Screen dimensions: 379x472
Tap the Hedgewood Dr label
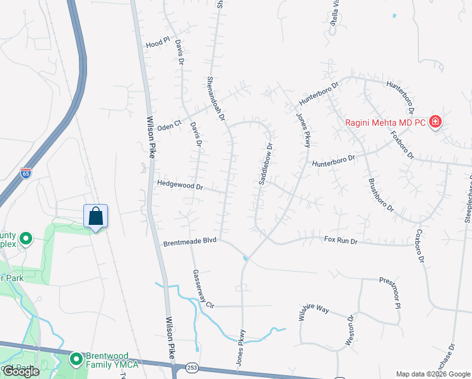point(181,186)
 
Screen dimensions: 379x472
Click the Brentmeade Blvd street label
point(189,241)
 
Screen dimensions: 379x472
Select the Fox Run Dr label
point(341,240)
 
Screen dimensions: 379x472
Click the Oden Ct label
point(170,122)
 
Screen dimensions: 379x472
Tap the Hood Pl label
point(158,44)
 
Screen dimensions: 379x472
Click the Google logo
point(21,371)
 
